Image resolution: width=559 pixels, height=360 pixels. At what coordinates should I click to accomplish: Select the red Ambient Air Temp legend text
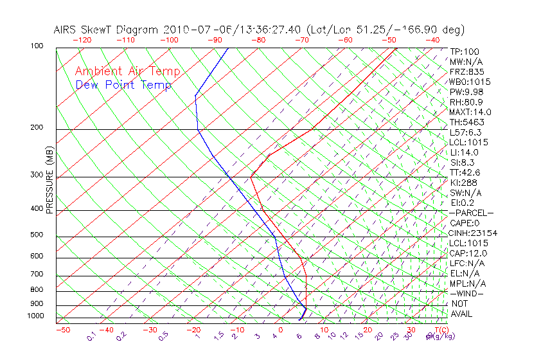pos(128,71)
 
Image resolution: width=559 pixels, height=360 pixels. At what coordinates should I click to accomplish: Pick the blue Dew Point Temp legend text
pos(123,85)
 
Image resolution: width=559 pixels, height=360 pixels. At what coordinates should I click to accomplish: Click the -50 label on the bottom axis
pos(62,330)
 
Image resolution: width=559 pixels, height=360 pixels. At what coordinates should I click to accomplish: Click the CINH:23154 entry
pos(473,233)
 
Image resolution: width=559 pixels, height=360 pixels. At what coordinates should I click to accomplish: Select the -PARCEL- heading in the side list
pos(471,213)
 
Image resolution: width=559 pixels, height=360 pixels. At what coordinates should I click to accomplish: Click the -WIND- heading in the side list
pos(467,293)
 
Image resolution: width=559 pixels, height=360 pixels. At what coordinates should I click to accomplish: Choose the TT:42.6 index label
pos(465,172)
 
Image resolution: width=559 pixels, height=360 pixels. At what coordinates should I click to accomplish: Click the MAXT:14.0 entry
pos(469,113)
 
